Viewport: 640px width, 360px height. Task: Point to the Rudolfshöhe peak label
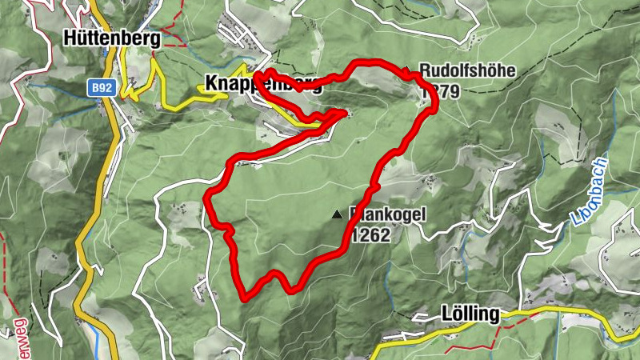(x=467, y=71)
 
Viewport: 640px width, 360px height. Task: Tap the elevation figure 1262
(x=369, y=235)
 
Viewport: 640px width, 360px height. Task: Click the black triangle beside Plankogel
(x=337, y=214)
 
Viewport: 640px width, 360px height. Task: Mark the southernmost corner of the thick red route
(x=243, y=299)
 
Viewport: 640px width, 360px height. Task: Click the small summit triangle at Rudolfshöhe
(x=406, y=70)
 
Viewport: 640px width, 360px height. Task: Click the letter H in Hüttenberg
(x=70, y=38)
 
